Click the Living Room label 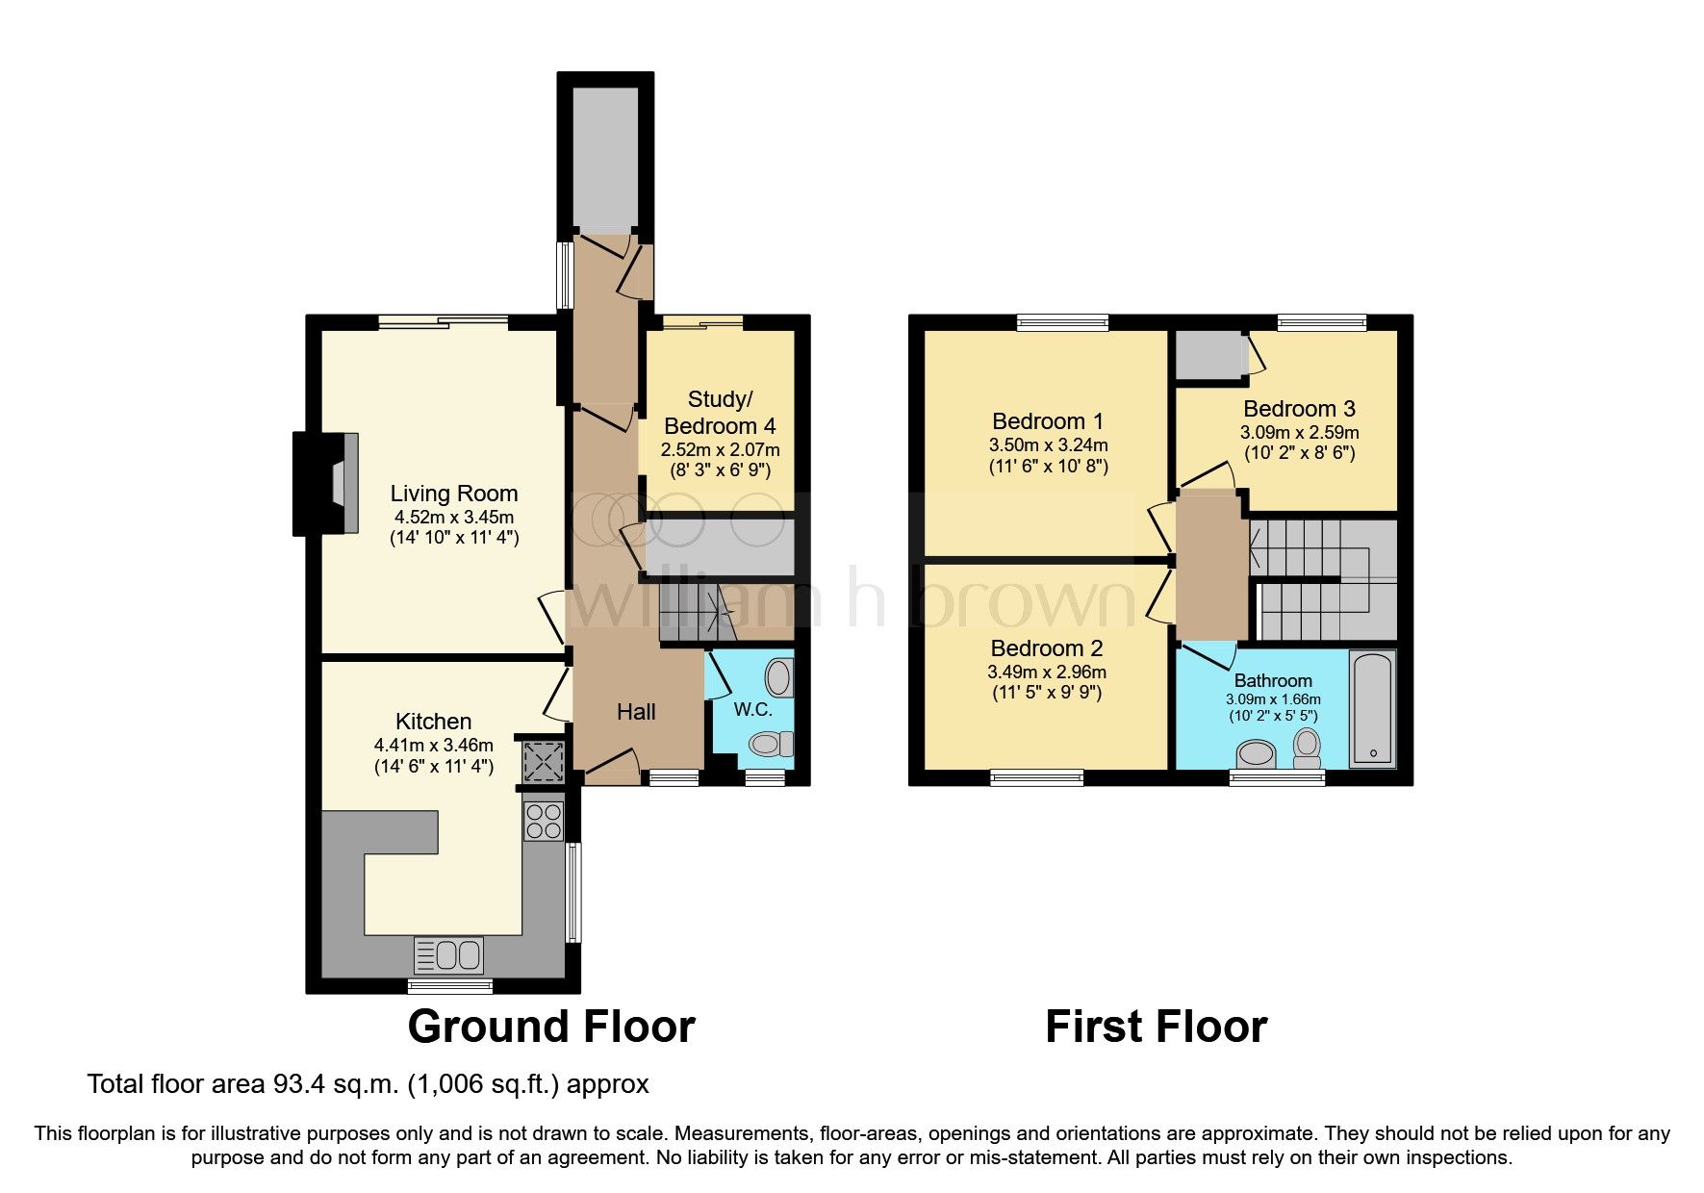(x=453, y=494)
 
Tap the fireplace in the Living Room (x=327, y=483)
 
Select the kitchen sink (x=448, y=955)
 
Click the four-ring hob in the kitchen (x=543, y=821)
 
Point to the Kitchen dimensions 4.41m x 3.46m (x=433, y=745)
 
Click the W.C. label (x=752, y=710)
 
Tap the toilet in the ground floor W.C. (x=770, y=743)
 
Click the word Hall (x=636, y=712)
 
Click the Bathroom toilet (x=1307, y=747)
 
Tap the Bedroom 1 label (x=1048, y=421)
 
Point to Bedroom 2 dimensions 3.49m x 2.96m (x=1047, y=673)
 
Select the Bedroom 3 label (x=1299, y=409)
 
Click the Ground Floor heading (x=551, y=1027)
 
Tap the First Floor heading (x=1156, y=1027)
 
